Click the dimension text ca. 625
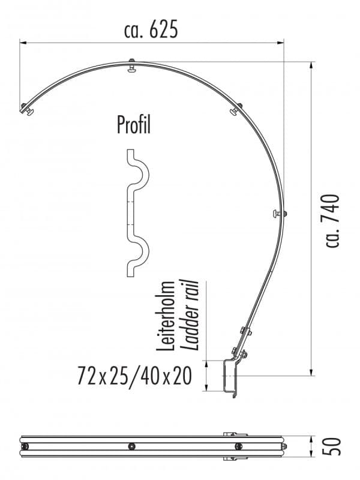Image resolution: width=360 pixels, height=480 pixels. (x=151, y=29)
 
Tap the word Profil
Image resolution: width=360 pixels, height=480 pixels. (x=133, y=125)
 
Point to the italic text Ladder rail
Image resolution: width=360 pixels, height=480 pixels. (x=191, y=314)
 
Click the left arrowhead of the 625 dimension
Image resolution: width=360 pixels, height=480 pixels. (x=23, y=42)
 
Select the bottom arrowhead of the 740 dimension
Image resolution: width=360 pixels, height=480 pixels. (x=312, y=373)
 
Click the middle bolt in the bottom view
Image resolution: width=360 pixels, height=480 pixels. (x=131, y=446)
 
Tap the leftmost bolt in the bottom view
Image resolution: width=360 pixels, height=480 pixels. (x=25, y=446)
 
